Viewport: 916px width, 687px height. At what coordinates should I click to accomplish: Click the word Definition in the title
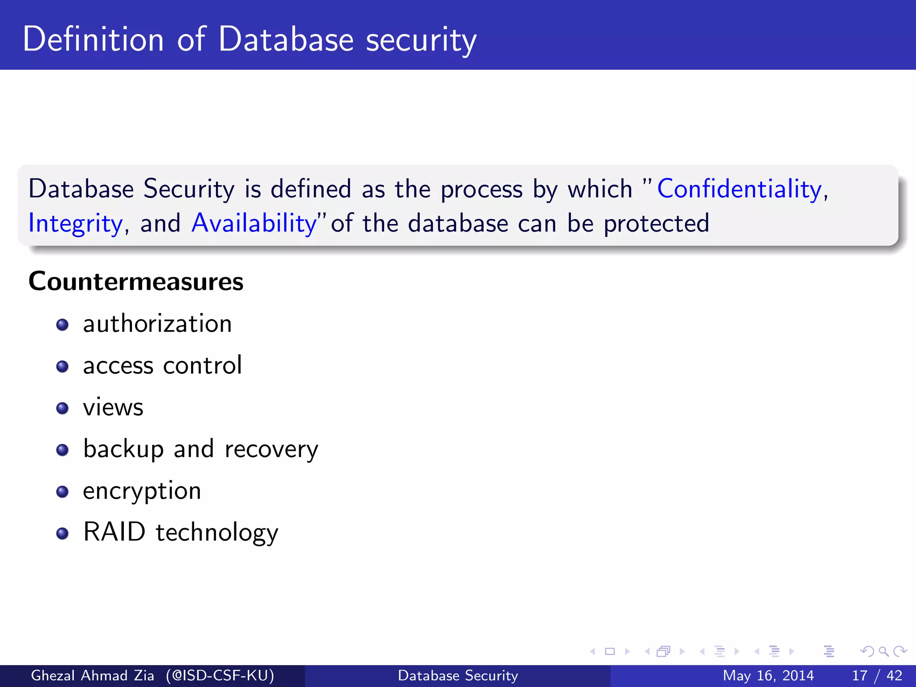pos(93,39)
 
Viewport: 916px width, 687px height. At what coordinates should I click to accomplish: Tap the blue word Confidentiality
pos(739,189)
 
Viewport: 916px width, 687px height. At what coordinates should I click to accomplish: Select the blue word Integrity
pos(75,223)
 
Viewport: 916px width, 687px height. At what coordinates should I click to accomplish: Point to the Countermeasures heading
pos(136,281)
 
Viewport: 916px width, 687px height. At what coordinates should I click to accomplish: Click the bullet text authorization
pos(157,324)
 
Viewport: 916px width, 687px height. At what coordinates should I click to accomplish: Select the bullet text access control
pos(162,365)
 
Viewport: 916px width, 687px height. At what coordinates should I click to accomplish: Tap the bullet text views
pos(113,407)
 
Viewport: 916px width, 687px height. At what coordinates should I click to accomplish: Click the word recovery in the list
pos(271,450)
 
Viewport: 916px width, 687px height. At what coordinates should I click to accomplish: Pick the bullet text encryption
pos(142,491)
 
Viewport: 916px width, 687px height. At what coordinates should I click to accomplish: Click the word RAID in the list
pos(114,532)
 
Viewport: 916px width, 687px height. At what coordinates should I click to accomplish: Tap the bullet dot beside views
pos(63,408)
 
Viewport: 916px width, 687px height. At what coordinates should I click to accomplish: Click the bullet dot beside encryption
pos(63,492)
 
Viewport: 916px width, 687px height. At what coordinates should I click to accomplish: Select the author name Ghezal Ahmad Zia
pos(93,675)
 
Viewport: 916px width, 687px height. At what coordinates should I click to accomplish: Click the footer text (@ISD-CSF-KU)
pos(220,675)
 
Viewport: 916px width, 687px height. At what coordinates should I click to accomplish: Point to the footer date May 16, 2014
pos(768,675)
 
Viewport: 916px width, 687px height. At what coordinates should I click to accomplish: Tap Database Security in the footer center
pos(458,675)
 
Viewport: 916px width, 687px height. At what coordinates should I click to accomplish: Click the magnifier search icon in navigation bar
pos(883,651)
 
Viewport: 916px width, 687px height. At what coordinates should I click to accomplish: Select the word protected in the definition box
pos(656,223)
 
